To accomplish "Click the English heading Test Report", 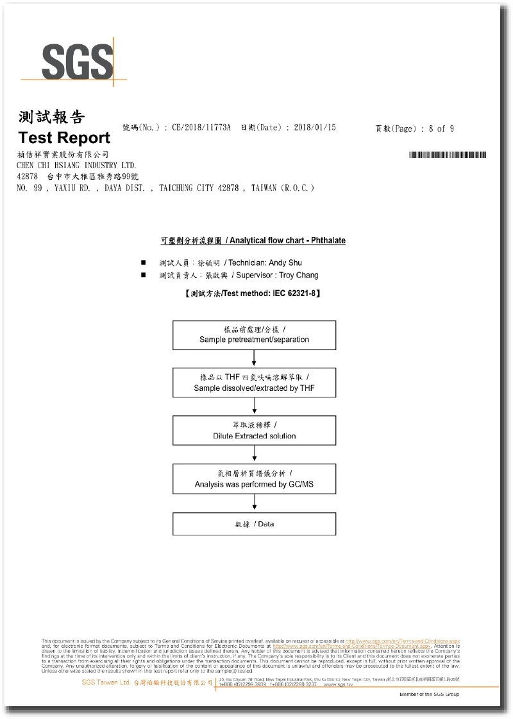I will click(x=64, y=137).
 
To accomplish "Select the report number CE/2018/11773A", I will click(x=201, y=128).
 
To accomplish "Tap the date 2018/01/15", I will click(x=315, y=128).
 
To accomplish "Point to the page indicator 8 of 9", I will click(x=441, y=128).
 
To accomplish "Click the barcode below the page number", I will click(x=447, y=155).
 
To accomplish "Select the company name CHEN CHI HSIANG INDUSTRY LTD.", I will click(x=76, y=165).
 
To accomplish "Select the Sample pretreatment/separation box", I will click(x=254, y=334).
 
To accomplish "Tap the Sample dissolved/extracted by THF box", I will click(x=254, y=383).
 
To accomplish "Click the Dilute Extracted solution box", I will click(x=254, y=430).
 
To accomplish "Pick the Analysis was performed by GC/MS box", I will click(x=254, y=478).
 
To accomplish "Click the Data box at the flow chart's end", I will click(x=254, y=524).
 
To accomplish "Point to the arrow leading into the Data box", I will click(x=255, y=503).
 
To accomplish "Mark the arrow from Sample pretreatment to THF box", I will click(x=255, y=358).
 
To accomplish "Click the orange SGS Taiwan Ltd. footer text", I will click(x=106, y=683).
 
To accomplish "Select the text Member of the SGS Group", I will click(x=429, y=694).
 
